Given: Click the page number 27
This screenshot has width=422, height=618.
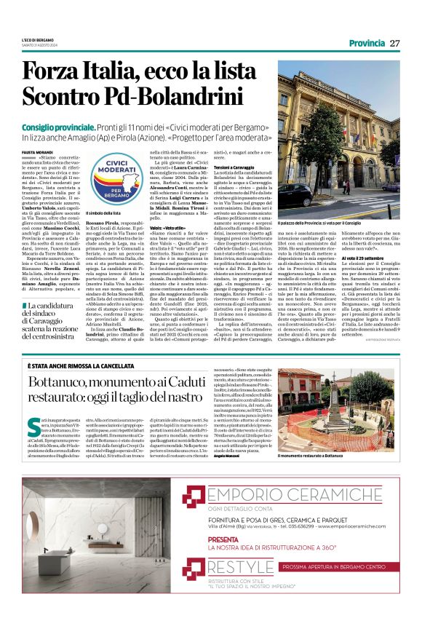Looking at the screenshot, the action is tap(394, 43).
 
